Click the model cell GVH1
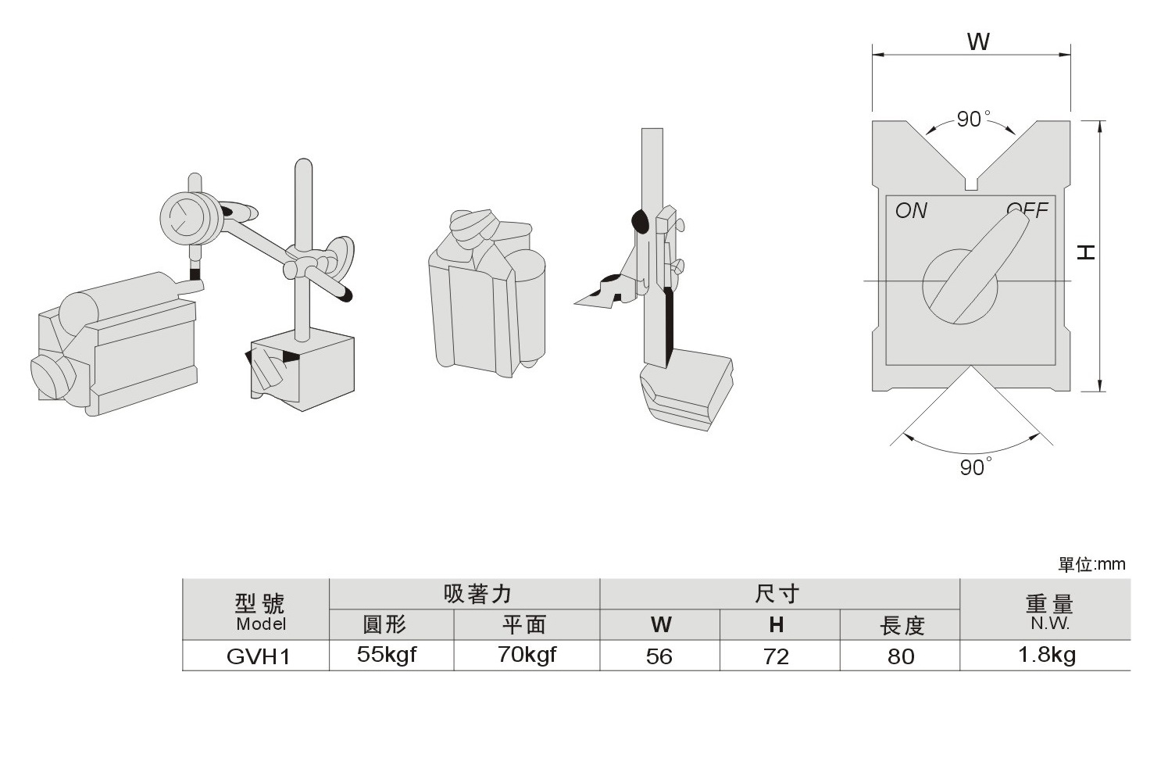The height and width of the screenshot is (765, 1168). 258,656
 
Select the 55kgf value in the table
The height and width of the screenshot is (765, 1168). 387,655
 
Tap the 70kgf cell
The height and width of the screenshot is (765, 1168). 527,655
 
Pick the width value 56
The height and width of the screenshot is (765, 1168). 659,656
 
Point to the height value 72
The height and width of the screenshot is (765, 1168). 776,656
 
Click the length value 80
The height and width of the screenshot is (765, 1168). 901,656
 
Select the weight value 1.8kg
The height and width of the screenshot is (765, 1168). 1046,655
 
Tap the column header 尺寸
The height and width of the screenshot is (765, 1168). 777,595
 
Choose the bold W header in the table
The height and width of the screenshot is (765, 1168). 661,625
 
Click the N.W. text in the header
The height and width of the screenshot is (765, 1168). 1049,624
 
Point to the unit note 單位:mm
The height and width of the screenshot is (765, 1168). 1091,564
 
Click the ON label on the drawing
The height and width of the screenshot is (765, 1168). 911,211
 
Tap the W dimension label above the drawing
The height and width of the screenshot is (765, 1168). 978,42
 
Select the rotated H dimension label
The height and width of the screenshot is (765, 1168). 1087,252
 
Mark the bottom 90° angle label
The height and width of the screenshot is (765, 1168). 974,468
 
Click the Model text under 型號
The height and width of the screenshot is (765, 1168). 261,624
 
